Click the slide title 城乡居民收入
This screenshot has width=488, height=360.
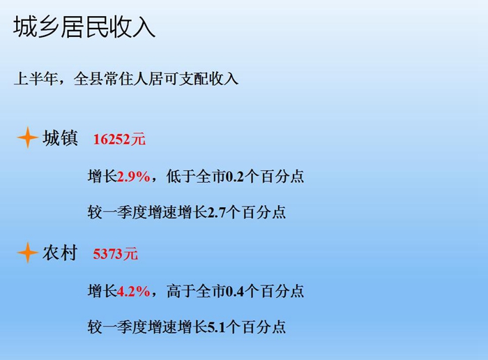(x=84, y=27)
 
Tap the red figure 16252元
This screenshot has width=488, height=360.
(x=119, y=139)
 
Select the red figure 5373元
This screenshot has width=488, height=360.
(x=115, y=254)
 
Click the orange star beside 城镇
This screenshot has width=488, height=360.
(x=28, y=137)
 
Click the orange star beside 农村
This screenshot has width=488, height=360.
(x=28, y=253)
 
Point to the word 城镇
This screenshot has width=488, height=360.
(x=60, y=137)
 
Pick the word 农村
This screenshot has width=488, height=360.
(x=60, y=253)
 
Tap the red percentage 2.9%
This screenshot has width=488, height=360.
(x=134, y=177)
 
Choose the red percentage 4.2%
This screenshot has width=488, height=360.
(x=134, y=292)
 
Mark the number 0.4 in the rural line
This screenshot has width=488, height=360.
(x=234, y=292)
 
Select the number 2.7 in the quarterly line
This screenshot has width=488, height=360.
(x=216, y=213)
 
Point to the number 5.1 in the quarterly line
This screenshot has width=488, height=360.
(x=216, y=327)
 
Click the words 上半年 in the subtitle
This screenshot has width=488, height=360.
(x=36, y=78)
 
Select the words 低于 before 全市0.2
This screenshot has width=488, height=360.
(x=181, y=177)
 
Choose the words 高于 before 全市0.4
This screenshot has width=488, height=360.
(x=181, y=292)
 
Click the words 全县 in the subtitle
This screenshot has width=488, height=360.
(x=89, y=78)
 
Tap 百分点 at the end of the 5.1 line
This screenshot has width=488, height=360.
(x=264, y=327)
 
